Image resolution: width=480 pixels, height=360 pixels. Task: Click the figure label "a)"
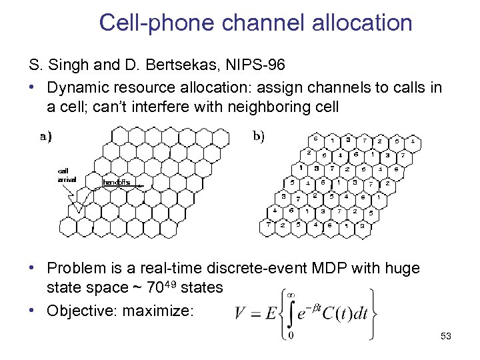coord(46,137)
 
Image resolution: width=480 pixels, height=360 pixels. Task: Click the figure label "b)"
coord(259,137)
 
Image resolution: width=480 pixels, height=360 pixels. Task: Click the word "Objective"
coord(81,309)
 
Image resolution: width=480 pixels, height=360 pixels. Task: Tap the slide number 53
coord(446,337)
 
